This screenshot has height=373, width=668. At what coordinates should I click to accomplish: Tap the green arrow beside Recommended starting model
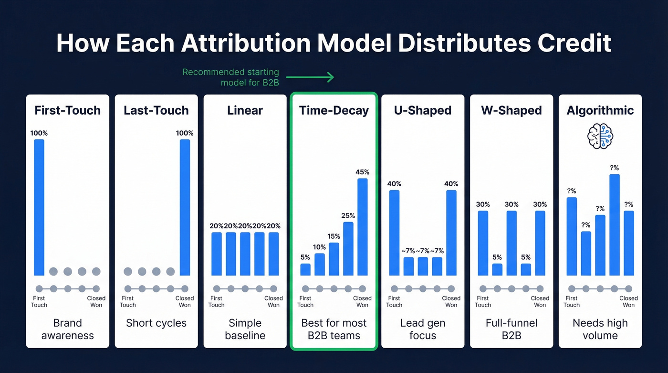pos(310,76)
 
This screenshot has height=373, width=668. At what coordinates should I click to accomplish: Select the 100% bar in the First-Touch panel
pos(39,207)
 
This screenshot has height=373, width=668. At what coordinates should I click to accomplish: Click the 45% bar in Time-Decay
pos(363,227)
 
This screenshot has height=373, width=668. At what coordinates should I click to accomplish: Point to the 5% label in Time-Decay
pos(305,257)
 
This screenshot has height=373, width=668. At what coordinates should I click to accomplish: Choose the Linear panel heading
pos(245,110)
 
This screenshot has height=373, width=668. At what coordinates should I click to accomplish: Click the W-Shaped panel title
pos(511,110)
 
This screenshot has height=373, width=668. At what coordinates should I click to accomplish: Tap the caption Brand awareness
pos(68,329)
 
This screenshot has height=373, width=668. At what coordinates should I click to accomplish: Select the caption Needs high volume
pos(600,329)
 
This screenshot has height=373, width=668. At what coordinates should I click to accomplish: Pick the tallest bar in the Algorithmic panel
pos(615,225)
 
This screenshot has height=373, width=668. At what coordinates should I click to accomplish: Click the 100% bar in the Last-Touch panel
pos(185,207)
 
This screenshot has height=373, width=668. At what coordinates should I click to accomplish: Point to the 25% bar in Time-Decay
pos(348,248)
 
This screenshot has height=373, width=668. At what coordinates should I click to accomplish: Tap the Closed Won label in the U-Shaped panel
pos(451,301)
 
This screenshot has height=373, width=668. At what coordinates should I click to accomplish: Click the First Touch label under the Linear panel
pos(217,301)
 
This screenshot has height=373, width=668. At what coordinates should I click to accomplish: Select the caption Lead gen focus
pos(423,329)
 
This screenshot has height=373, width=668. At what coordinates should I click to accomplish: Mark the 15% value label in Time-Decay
pos(334,236)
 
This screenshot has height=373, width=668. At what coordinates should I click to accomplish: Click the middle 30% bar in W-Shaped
pos(511,243)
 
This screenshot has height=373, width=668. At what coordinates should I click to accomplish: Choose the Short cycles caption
pos(157,323)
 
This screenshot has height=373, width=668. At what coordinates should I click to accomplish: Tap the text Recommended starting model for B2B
pos(231,77)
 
